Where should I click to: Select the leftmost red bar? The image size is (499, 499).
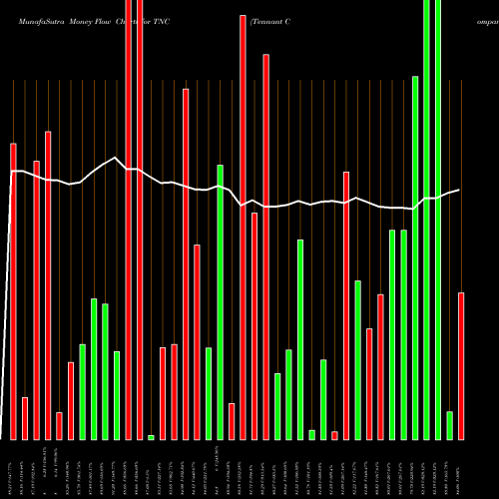tap(14, 290)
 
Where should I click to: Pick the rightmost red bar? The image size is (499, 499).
tap(460, 365)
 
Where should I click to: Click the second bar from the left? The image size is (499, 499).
tap(25, 418)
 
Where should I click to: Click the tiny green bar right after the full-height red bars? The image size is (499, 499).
tap(151, 437)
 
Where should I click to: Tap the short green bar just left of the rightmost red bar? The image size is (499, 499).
tap(449, 425)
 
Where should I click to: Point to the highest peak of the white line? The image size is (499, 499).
tap(117, 158)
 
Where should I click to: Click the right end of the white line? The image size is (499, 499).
tap(459, 190)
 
